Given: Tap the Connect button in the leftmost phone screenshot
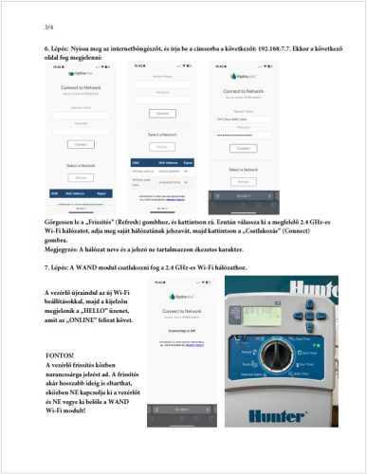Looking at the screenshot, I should pos(81,143).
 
